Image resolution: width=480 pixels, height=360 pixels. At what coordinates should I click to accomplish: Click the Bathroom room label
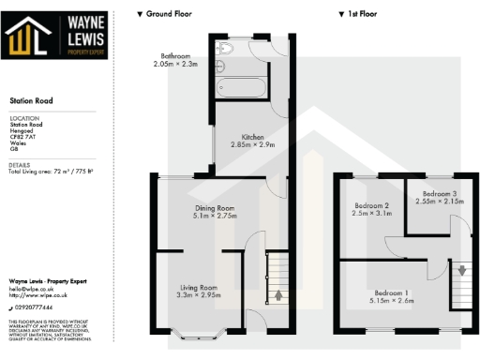176,58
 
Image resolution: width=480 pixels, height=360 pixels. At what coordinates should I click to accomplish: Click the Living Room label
198,292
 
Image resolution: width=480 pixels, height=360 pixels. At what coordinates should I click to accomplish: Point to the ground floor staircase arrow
277,297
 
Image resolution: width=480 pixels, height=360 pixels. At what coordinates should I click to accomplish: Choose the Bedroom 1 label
393,296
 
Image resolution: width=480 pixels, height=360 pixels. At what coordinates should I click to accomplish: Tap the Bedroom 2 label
371,209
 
